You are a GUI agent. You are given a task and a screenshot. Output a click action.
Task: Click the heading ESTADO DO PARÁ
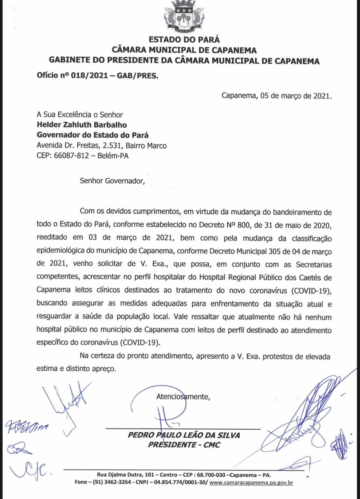184,40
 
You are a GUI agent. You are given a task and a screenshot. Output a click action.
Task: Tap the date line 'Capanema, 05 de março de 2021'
277,96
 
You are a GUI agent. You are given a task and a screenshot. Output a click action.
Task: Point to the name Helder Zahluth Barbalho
81,125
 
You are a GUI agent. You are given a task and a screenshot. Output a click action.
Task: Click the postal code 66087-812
71,156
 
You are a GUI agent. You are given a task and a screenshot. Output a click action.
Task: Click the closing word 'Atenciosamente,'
183,397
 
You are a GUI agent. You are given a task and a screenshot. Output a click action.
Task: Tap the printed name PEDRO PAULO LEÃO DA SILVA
184,435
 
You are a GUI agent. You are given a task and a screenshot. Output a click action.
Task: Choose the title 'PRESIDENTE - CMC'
184,445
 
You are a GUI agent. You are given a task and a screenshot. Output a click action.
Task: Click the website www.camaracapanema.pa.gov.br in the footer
251,483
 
